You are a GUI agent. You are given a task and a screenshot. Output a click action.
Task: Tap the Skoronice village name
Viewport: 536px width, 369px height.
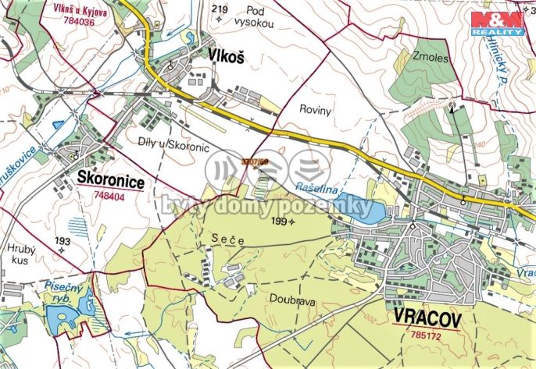click(110, 179)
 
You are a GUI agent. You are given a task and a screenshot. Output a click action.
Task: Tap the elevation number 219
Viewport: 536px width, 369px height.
click(220, 10)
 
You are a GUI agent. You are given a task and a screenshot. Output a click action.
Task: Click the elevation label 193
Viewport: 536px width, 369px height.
click(63, 242)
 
